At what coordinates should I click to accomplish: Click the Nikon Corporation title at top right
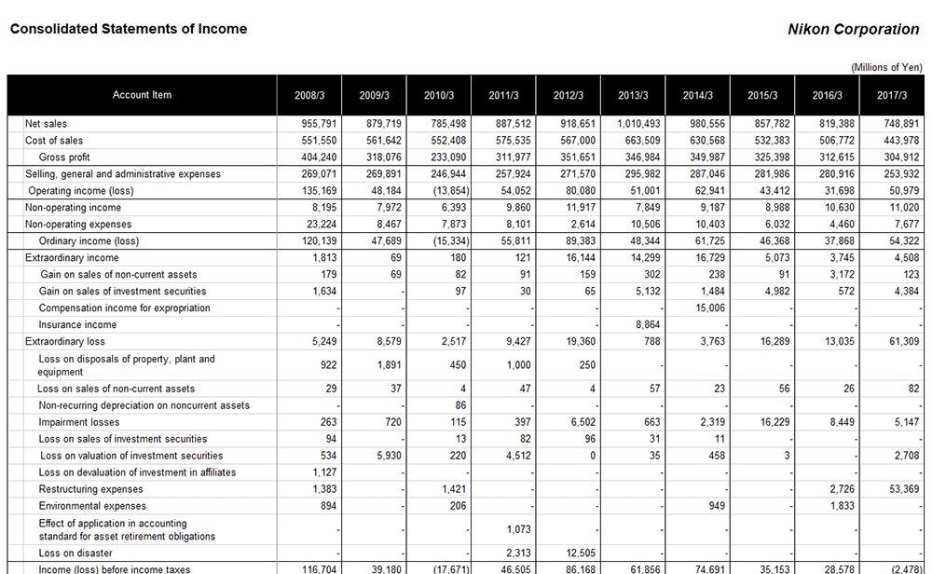pyautogui.click(x=853, y=29)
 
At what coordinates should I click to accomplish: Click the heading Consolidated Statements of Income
pyautogui.click(x=129, y=29)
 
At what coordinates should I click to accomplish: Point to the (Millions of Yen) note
pyautogui.click(x=885, y=67)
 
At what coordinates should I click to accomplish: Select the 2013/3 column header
pyautogui.click(x=633, y=95)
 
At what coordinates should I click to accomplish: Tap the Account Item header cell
pyautogui.click(x=142, y=95)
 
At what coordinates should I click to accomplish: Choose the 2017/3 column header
pyautogui.click(x=892, y=95)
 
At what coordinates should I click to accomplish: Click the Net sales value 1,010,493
pyautogui.click(x=638, y=124)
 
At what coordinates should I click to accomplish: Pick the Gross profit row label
pyautogui.click(x=64, y=157)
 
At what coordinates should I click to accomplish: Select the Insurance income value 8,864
pyautogui.click(x=645, y=325)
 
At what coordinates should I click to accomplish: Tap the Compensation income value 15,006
pyautogui.click(x=709, y=308)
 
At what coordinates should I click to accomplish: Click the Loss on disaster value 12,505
pyautogui.click(x=580, y=553)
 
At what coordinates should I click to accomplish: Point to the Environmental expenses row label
pyautogui.click(x=92, y=506)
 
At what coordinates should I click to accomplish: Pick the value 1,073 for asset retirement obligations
pyautogui.click(x=518, y=529)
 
